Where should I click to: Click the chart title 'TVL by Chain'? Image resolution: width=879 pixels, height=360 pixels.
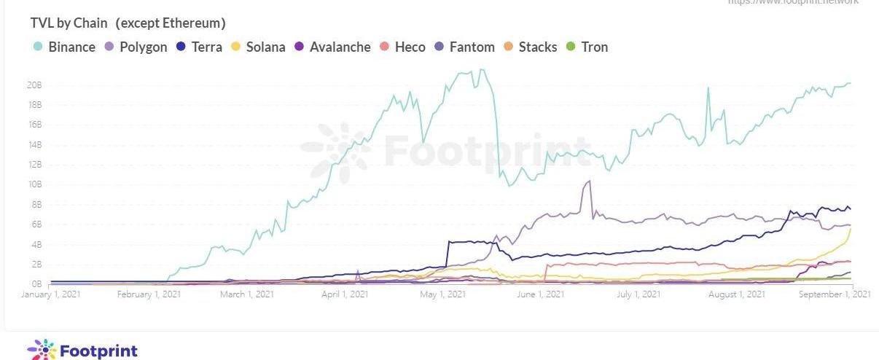pyautogui.click(x=69, y=23)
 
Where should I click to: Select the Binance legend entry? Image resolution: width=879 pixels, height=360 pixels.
pyautogui.click(x=65, y=47)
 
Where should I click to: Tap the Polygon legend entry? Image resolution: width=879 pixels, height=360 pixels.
pyautogui.click(x=137, y=47)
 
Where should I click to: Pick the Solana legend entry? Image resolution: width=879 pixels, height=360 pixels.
pyautogui.click(x=259, y=47)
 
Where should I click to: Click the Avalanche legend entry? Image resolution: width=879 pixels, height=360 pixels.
pyautogui.click(x=332, y=47)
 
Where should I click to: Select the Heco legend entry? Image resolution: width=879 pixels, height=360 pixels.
pyautogui.click(x=403, y=47)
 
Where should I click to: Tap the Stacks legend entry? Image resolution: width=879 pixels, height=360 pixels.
pyautogui.click(x=531, y=47)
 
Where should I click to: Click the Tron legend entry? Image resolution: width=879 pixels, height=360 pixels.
pyautogui.click(x=587, y=47)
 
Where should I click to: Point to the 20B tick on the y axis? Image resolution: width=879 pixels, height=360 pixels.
pyautogui.click(x=34, y=85)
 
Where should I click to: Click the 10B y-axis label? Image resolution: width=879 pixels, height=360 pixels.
pyautogui.click(x=34, y=184)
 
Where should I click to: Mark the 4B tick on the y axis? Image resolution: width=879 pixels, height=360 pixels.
pyautogui.click(x=36, y=244)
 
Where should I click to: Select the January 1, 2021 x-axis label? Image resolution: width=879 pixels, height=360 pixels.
pyautogui.click(x=51, y=294)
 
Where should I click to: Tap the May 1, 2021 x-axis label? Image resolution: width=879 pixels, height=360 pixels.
pyautogui.click(x=443, y=294)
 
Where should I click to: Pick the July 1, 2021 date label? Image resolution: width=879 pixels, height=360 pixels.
pyautogui.click(x=638, y=294)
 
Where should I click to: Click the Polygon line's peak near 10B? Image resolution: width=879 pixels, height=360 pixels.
pyautogui.click(x=589, y=181)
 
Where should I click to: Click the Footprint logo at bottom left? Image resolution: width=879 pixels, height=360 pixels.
pyautogui.click(x=82, y=350)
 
